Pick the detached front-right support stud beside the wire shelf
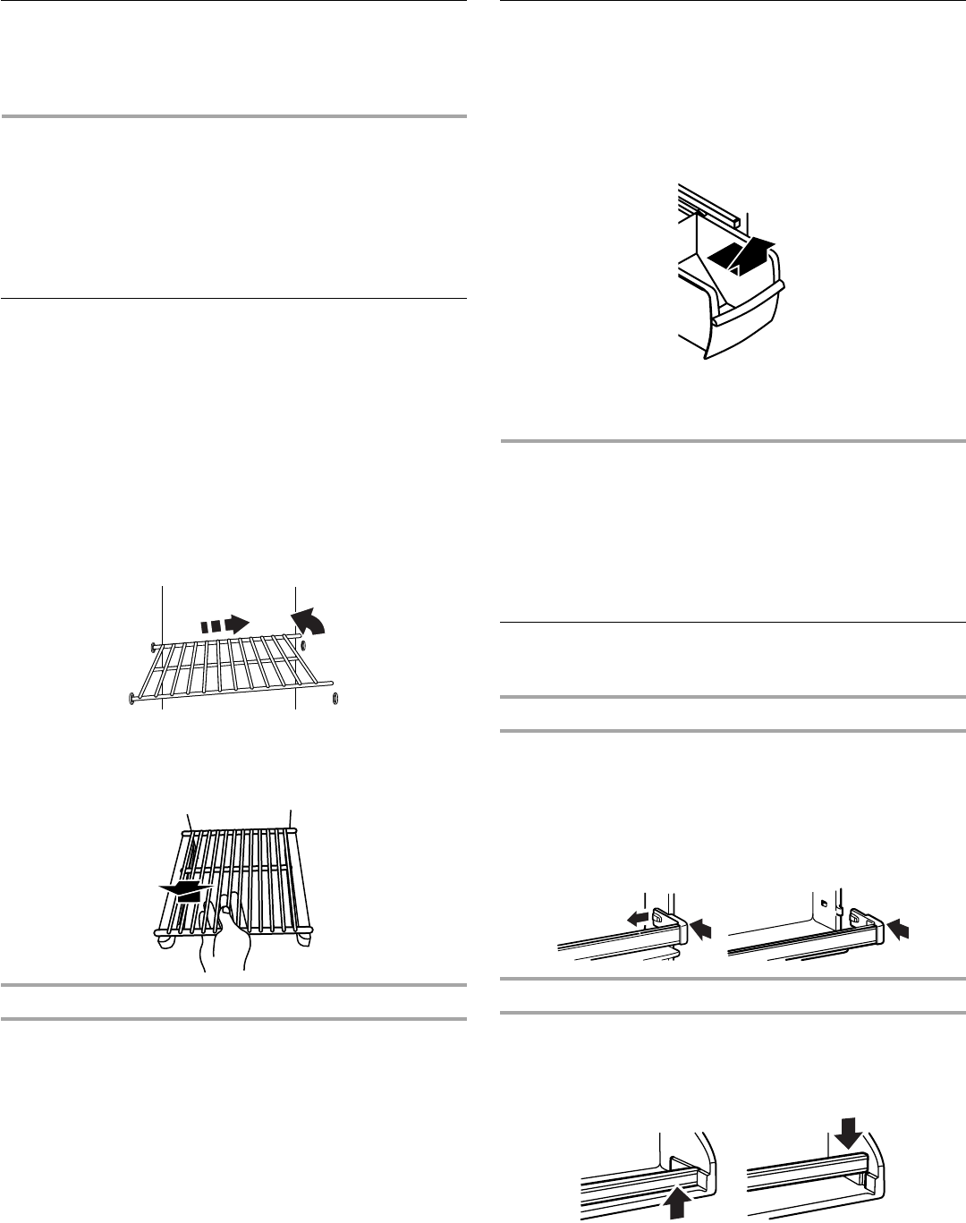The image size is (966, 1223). point(335,697)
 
